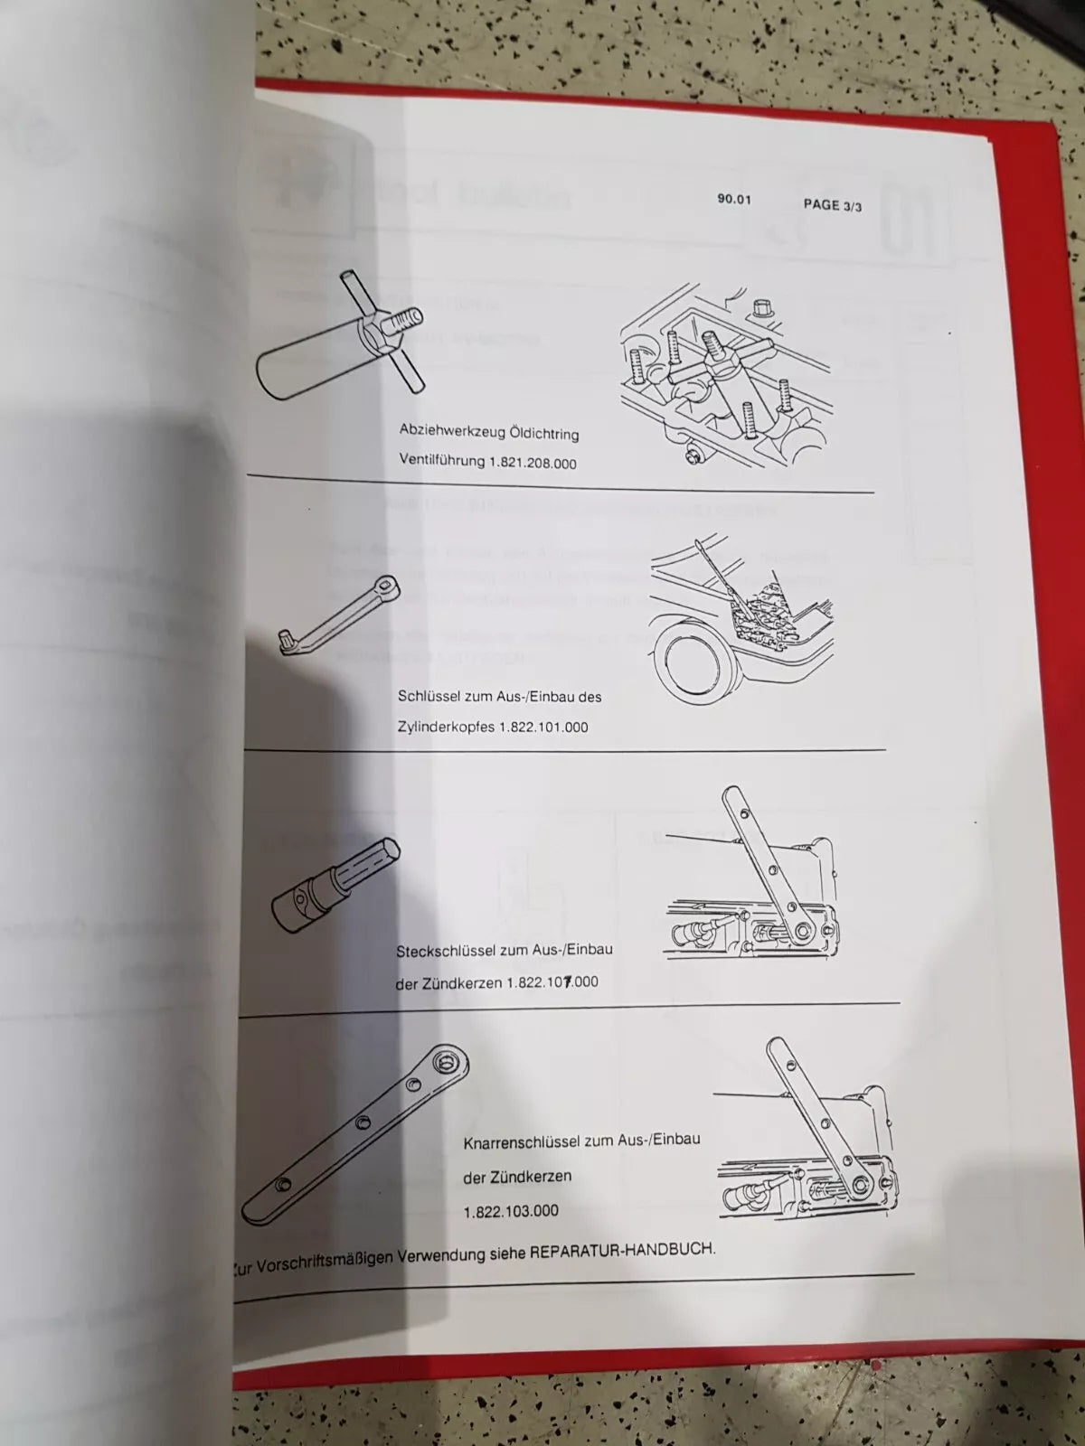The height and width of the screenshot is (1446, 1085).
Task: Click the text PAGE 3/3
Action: point(832,205)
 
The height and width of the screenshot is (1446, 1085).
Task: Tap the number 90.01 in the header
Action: point(734,199)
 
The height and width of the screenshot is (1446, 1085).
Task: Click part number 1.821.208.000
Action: point(533,463)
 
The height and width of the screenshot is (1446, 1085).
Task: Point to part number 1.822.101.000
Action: point(542,727)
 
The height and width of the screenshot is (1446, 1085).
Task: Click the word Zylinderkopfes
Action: point(445,727)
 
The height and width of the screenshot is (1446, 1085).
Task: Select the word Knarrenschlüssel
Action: point(522,1142)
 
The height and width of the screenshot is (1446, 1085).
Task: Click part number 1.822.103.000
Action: point(511,1211)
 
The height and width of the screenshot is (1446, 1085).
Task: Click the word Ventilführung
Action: point(442,461)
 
